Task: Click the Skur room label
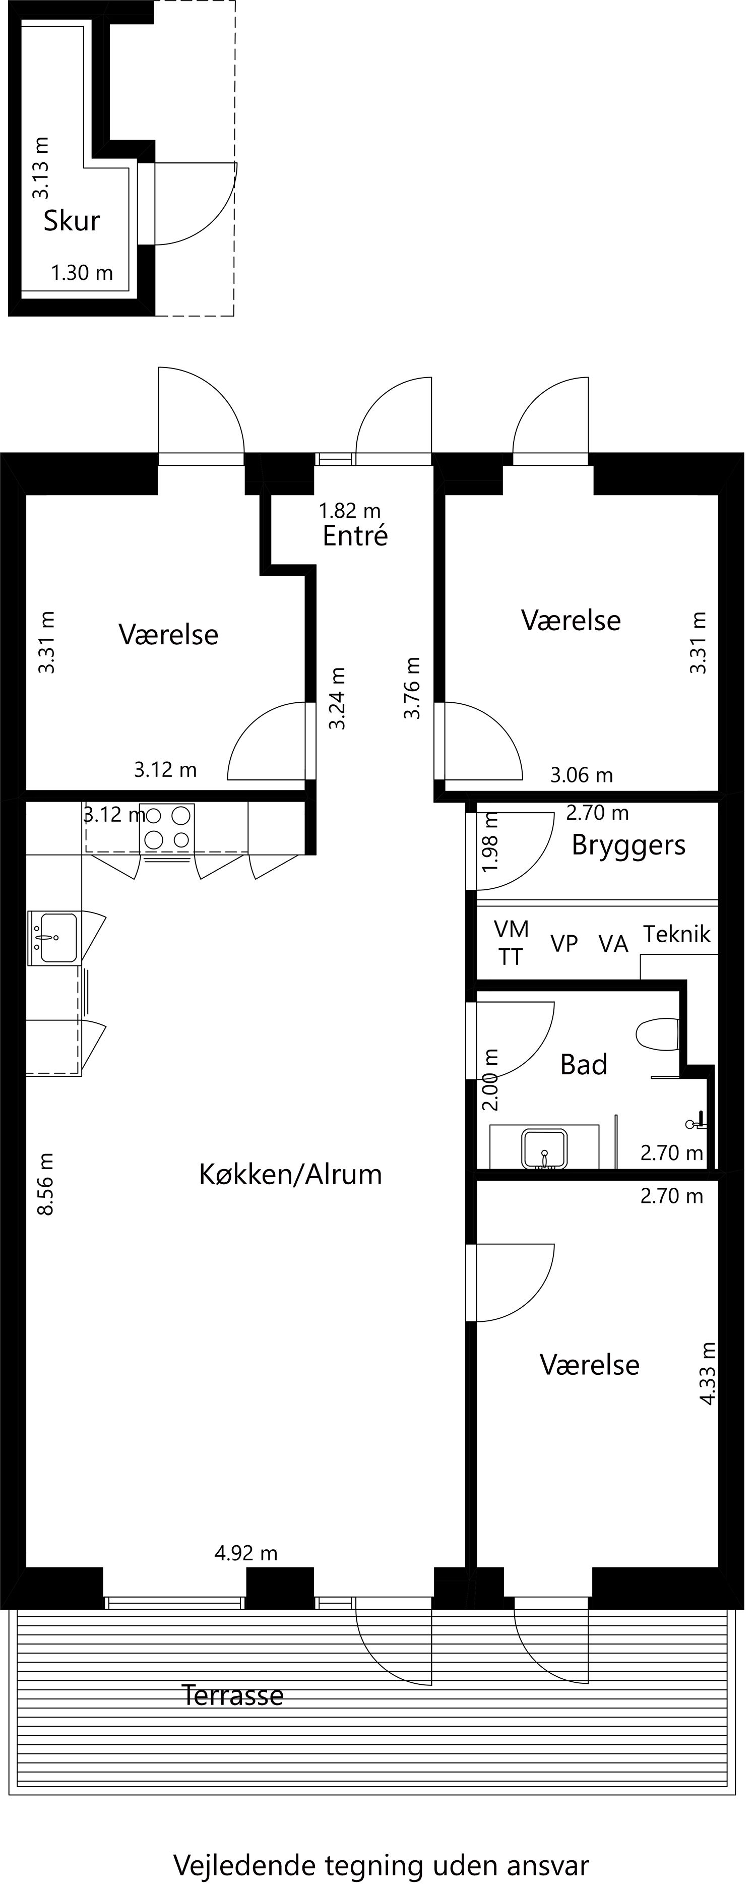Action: tap(72, 221)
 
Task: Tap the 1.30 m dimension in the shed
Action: tap(82, 273)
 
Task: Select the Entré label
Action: tap(355, 536)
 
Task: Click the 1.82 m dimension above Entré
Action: tap(350, 510)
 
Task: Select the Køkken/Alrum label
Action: tap(291, 1174)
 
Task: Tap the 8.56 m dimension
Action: tap(45, 1184)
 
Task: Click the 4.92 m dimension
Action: tap(246, 1553)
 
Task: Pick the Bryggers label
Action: tap(628, 845)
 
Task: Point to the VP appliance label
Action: tap(564, 944)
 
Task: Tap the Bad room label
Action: tap(584, 1064)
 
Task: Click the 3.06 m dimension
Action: tap(582, 775)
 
